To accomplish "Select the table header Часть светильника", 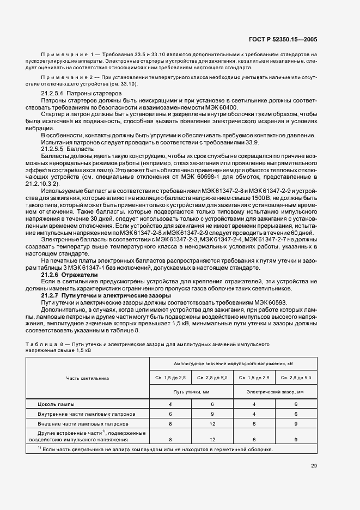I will pyautogui.click(x=88, y=378).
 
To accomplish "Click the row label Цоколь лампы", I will pyautogui.click(x=57, y=404).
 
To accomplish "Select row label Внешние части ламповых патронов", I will pyautogui.click(x=83, y=423).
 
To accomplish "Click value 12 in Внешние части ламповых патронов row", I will pyautogui.click(x=212, y=423).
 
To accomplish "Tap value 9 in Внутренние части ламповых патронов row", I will pyautogui.click(x=212, y=414).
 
